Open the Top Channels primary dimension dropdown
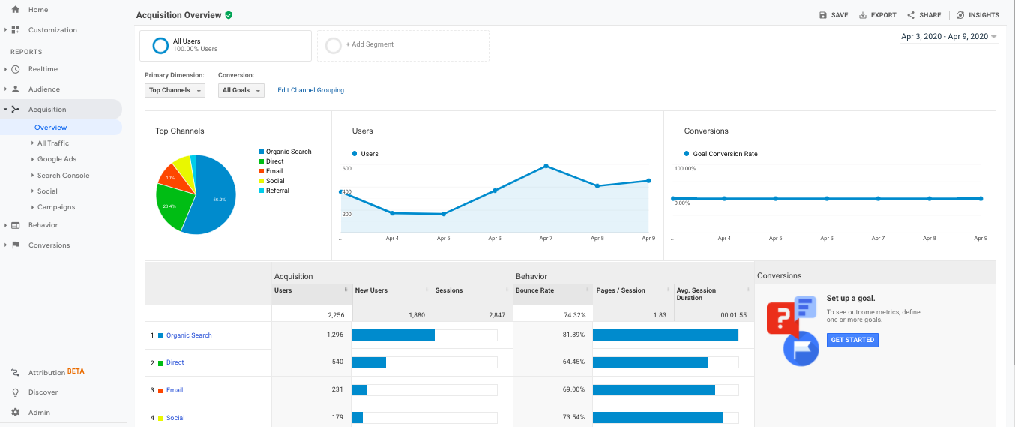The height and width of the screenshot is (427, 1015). (x=175, y=90)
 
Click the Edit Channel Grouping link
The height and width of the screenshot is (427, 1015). (x=310, y=90)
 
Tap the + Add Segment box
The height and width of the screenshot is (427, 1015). (x=403, y=45)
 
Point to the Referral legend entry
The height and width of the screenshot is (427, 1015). (x=277, y=191)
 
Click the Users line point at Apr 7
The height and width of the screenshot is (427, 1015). (x=546, y=166)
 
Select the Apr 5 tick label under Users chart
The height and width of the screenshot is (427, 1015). (x=443, y=238)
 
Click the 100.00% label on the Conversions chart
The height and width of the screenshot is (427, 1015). (x=685, y=169)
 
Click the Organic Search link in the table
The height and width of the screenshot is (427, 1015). (x=189, y=335)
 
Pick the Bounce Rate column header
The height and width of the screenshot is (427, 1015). (x=532, y=290)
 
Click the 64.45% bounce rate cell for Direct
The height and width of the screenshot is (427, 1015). (x=573, y=362)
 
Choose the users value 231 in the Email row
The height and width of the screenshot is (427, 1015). (x=337, y=389)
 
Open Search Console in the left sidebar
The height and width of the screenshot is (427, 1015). (x=63, y=176)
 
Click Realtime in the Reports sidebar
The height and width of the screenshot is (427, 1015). (x=43, y=69)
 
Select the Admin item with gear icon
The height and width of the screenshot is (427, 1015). (x=39, y=412)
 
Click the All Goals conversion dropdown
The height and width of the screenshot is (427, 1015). (x=241, y=90)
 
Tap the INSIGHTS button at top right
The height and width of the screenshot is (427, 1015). (x=978, y=15)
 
